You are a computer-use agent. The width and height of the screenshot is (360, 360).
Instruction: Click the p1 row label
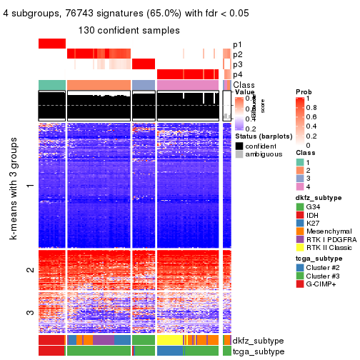237,44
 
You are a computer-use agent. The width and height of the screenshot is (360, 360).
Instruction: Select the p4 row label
237,74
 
